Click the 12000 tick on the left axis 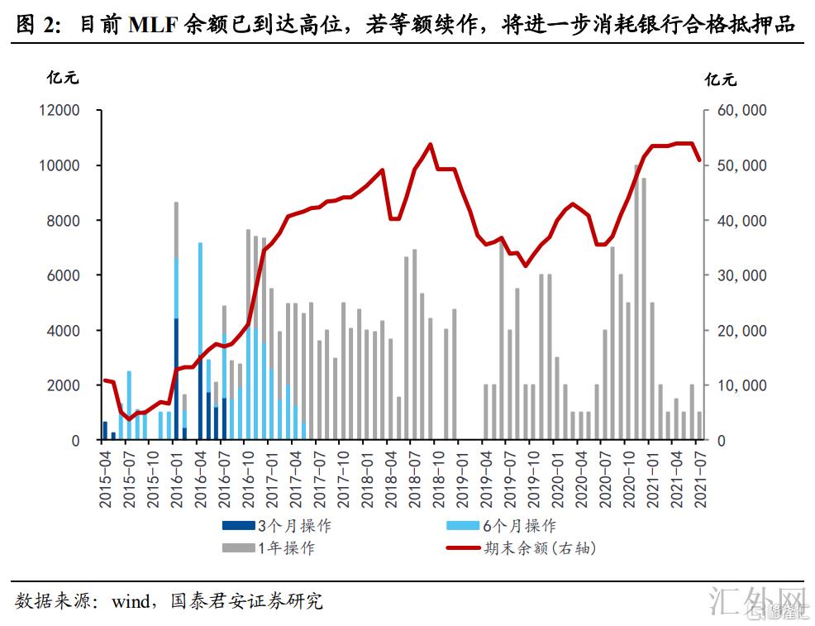[63, 111]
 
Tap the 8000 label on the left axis [67, 221]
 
